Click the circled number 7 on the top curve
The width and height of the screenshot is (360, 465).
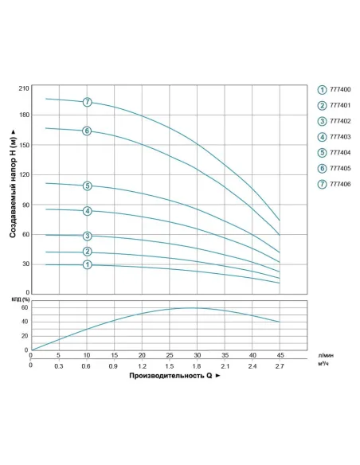87,102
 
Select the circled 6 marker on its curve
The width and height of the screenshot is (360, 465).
87,131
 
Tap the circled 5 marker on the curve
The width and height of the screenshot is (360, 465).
87,186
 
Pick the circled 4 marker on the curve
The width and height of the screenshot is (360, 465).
87,211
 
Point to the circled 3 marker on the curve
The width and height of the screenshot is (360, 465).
87,236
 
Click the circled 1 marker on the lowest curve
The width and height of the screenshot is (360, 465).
87,264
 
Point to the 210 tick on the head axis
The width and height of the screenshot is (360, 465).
23,88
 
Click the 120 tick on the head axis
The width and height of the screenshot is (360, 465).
23,174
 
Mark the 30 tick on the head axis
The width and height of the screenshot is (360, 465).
25,264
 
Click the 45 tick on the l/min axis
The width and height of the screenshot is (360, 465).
280,356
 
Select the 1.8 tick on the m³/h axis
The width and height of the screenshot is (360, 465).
197,366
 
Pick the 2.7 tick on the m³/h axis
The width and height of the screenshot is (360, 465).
280,366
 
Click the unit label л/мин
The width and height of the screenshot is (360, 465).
324,356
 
